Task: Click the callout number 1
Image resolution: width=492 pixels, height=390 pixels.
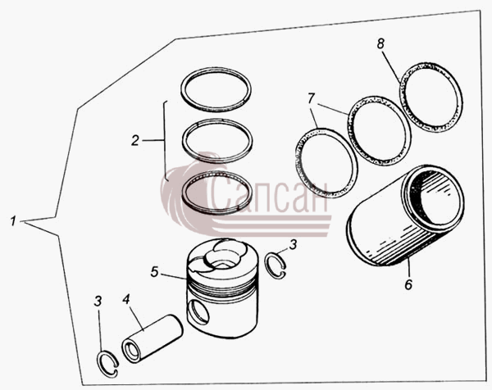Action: click(12, 221)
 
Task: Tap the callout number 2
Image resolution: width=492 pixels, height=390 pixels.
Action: click(135, 140)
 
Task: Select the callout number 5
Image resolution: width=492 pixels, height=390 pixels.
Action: click(154, 272)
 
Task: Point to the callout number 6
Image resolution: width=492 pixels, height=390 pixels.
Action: click(408, 284)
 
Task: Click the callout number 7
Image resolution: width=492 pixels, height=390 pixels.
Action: click(311, 98)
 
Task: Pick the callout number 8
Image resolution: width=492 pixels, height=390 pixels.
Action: click(380, 44)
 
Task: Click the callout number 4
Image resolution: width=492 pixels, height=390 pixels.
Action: click(126, 299)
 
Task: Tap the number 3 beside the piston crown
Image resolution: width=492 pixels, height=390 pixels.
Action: click(293, 244)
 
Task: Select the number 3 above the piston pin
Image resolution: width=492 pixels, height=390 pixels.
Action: click(98, 302)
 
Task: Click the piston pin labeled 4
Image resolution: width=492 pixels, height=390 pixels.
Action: click(153, 338)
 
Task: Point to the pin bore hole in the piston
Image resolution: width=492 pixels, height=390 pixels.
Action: click(198, 312)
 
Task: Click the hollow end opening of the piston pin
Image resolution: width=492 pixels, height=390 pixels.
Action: click(132, 351)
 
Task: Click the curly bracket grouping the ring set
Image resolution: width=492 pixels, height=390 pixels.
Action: click(166, 141)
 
